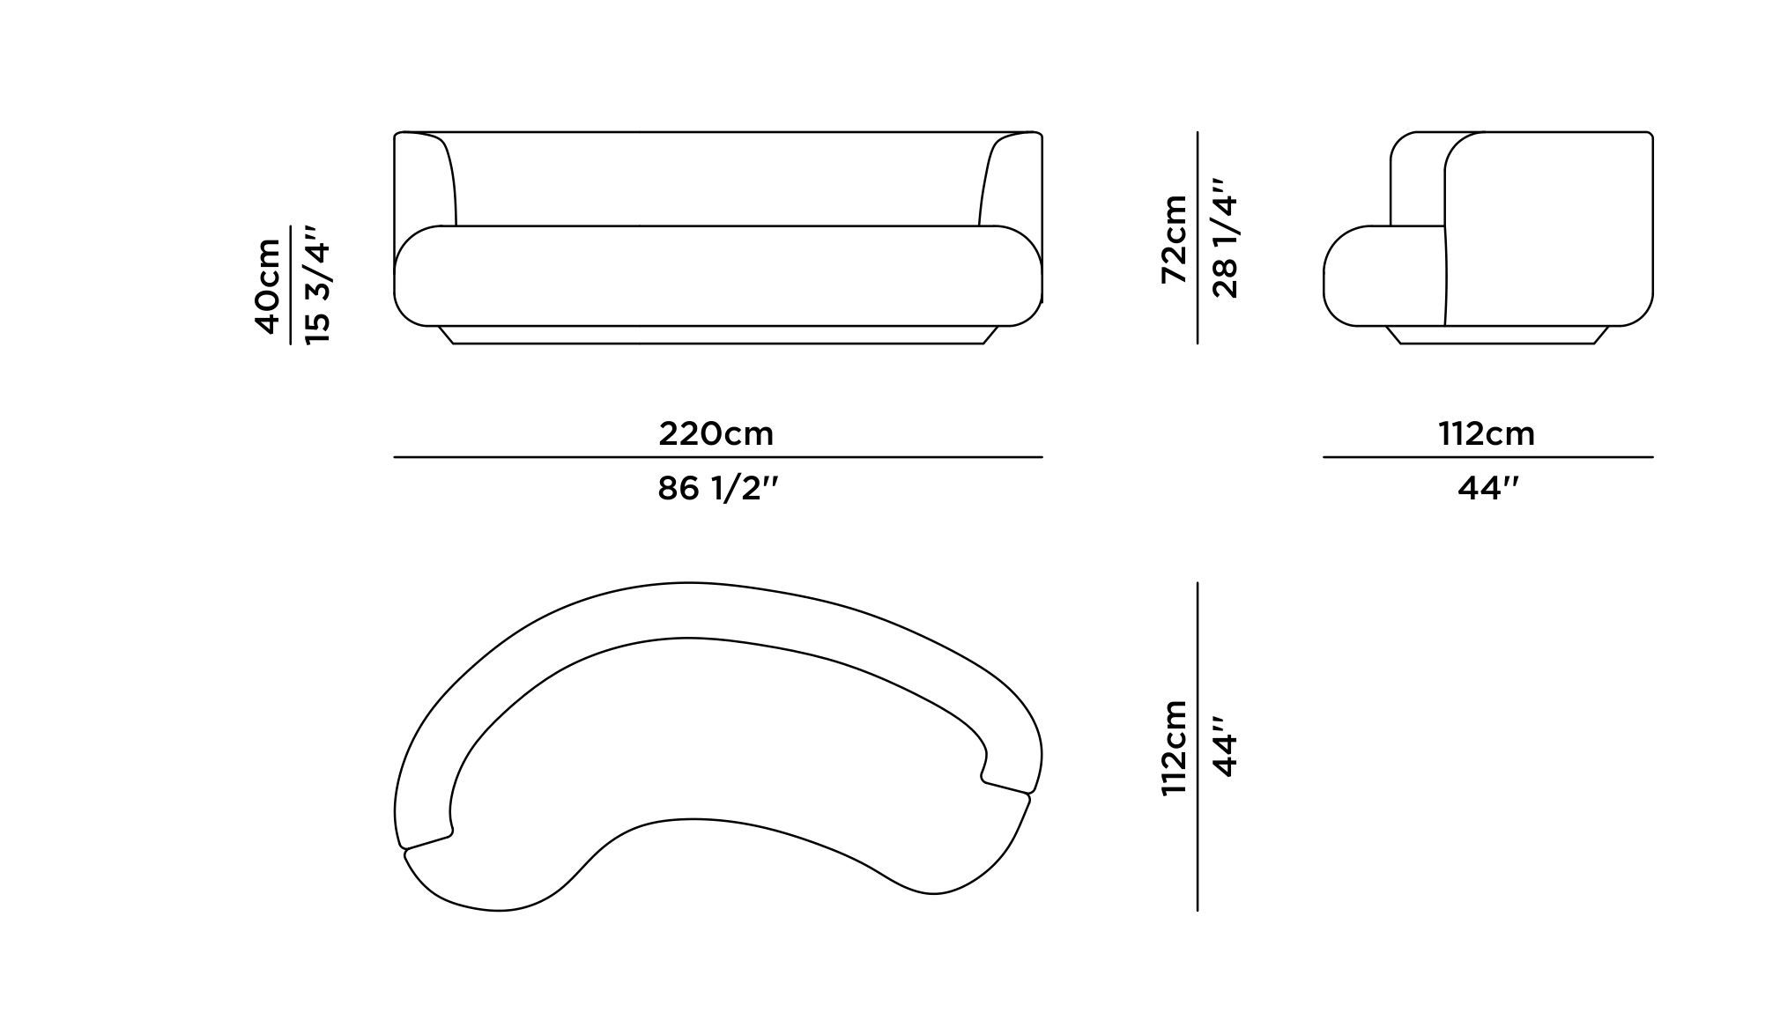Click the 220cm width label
pos(716,433)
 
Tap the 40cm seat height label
pos(267,286)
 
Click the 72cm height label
pos(1175,239)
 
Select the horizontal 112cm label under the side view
pos(1487,433)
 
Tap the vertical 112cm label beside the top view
pos(1175,749)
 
